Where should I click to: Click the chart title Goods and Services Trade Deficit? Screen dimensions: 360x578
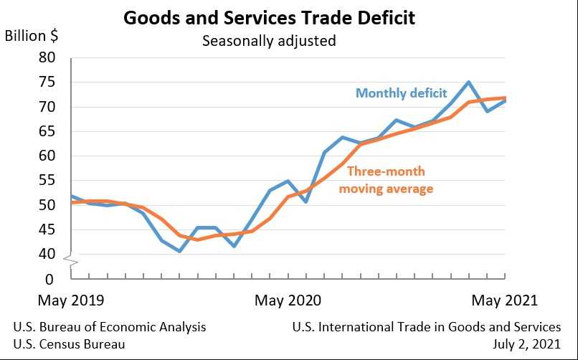[269, 17]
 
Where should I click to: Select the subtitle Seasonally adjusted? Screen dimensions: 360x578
[269, 41]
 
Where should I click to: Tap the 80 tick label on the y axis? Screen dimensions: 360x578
[47, 58]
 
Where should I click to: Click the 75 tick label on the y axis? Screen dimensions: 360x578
[47, 82]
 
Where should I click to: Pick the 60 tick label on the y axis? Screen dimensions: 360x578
[47, 156]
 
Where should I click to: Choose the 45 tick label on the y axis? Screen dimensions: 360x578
[47, 229]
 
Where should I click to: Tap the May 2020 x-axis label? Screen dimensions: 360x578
[288, 300]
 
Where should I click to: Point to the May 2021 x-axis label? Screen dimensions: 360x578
[504, 300]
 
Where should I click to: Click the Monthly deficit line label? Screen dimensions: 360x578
[401, 93]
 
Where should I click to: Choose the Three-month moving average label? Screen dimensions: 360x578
[386, 180]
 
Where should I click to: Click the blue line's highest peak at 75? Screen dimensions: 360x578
[468, 82]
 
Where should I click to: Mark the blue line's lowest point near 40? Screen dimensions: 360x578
[179, 251]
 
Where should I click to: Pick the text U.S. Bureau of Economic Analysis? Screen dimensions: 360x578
[110, 327]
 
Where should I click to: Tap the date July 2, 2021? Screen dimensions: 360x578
[527, 344]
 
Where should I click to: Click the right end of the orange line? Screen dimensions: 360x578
[505, 98]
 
